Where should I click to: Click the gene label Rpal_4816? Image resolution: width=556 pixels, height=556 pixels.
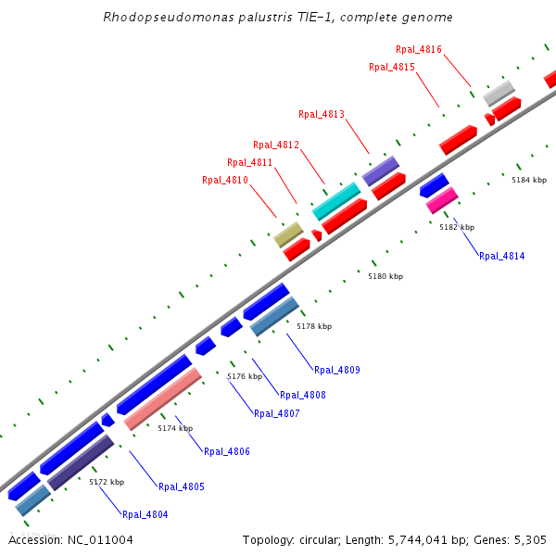pyautogui.click(x=418, y=49)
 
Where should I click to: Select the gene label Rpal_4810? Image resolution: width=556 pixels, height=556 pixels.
pyautogui.click(x=225, y=180)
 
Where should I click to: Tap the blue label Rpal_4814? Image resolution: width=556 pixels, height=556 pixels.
pyautogui.click(x=501, y=256)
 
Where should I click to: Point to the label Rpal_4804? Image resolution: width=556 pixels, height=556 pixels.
pyautogui.click(x=145, y=514)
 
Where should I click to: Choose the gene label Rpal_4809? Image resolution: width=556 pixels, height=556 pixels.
pyautogui.click(x=336, y=370)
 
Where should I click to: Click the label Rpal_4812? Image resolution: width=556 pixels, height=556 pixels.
pyautogui.click(x=276, y=145)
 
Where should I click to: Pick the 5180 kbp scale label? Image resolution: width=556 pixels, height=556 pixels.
pyautogui.click(x=385, y=276)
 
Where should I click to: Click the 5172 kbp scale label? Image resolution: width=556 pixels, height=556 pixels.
pyautogui.click(x=107, y=482)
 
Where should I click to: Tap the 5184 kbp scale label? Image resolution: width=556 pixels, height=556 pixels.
pyautogui.click(x=529, y=180)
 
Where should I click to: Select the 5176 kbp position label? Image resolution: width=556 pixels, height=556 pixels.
pyautogui.click(x=245, y=376)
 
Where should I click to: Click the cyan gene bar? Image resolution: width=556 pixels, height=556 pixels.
pyautogui.click(x=336, y=201)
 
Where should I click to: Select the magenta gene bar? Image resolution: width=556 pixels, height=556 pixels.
pyautogui.click(x=442, y=200)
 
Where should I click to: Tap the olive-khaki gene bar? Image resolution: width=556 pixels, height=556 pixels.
pyautogui.click(x=288, y=234)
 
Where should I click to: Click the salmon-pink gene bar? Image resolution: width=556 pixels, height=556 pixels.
pyautogui.click(x=162, y=398)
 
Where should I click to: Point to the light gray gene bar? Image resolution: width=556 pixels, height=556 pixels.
pyautogui.click(x=499, y=93)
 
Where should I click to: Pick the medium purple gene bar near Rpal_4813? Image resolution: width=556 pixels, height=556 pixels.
pyautogui.click(x=380, y=171)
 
